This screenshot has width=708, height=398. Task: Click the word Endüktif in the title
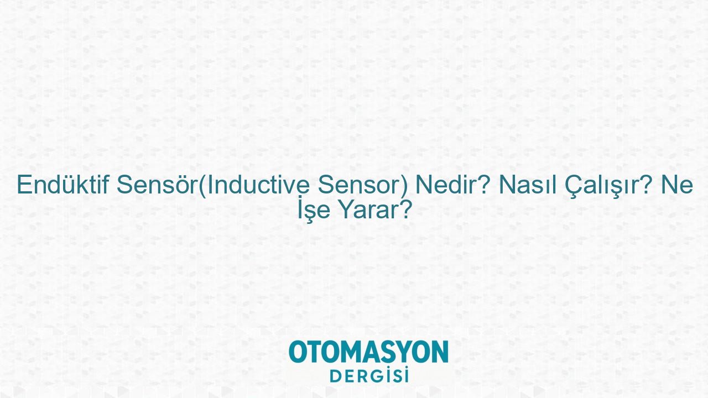(63, 185)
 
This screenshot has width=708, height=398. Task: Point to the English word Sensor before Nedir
(360, 185)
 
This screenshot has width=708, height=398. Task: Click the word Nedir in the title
(444, 185)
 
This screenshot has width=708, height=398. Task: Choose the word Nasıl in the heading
(528, 185)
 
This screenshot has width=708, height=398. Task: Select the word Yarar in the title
(368, 210)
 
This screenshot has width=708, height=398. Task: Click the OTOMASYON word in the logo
(368, 352)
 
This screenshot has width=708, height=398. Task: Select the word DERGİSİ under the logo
(369, 375)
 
